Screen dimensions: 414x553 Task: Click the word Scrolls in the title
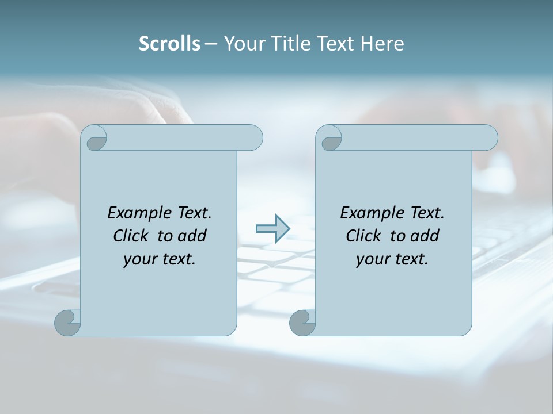pos(169,44)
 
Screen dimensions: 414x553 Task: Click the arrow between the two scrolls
pos(272,229)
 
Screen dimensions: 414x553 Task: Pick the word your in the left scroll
pos(138,259)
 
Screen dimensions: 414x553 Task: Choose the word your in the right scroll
pos(371,259)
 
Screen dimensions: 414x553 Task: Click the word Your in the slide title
pos(241,44)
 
